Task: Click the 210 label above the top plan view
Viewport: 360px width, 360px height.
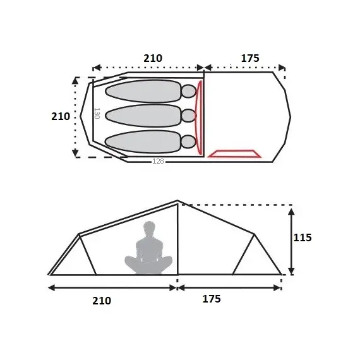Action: tap(153, 58)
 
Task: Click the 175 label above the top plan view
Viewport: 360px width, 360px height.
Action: tap(250, 58)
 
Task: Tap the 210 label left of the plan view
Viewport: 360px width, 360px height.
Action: tap(61, 116)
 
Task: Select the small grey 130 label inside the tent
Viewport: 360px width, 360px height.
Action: tap(97, 113)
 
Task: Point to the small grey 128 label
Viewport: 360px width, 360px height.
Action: tap(158, 161)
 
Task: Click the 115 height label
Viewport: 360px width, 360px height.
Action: tap(303, 237)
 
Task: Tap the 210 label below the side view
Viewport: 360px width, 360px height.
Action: tap(102, 301)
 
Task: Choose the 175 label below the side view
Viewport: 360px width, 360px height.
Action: tap(212, 299)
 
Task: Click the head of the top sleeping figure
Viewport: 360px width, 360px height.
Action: tap(189, 92)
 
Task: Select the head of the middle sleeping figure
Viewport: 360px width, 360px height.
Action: tap(189, 116)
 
